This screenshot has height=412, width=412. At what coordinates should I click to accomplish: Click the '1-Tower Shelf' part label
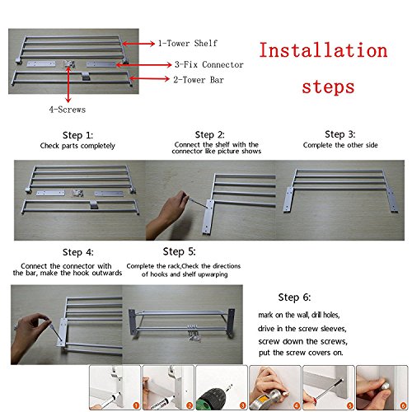point(188,44)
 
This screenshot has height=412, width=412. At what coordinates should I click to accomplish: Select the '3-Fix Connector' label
point(209,64)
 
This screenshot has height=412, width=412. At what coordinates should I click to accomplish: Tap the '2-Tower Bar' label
point(199,80)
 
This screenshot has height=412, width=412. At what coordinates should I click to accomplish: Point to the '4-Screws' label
point(68,110)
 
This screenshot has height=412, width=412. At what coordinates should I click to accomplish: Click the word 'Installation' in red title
point(323,50)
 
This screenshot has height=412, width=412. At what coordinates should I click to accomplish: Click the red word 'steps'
point(328,87)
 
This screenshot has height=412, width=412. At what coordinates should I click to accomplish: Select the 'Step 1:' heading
point(77,135)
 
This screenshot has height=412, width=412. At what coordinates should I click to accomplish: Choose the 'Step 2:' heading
point(209,134)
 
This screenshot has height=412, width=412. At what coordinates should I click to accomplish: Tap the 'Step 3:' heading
point(339,134)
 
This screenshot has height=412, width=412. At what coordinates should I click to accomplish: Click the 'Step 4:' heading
point(78,252)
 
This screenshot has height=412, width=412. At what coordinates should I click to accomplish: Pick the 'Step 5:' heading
point(179,251)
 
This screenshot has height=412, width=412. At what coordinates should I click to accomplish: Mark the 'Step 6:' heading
point(294,297)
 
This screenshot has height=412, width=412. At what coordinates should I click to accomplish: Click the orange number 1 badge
point(136,405)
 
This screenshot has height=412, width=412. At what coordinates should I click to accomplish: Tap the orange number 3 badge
point(243,405)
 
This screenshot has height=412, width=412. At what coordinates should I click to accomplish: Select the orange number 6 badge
point(403,405)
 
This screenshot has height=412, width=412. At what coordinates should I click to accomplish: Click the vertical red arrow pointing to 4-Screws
point(68,85)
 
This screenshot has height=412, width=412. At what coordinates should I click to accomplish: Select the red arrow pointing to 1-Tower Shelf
point(138,44)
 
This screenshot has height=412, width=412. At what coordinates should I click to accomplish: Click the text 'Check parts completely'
point(77,146)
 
